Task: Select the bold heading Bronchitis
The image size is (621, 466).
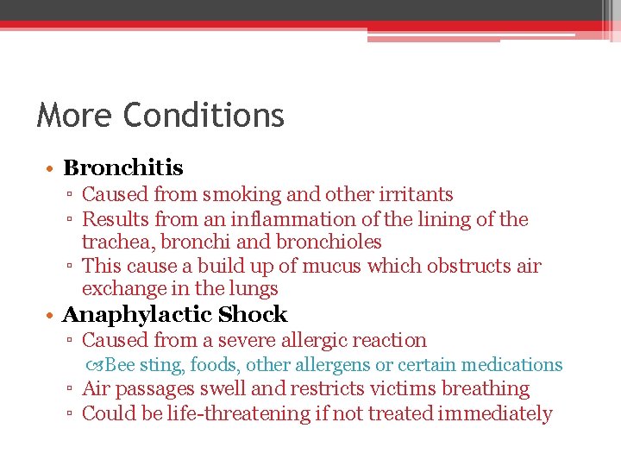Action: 123,167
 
